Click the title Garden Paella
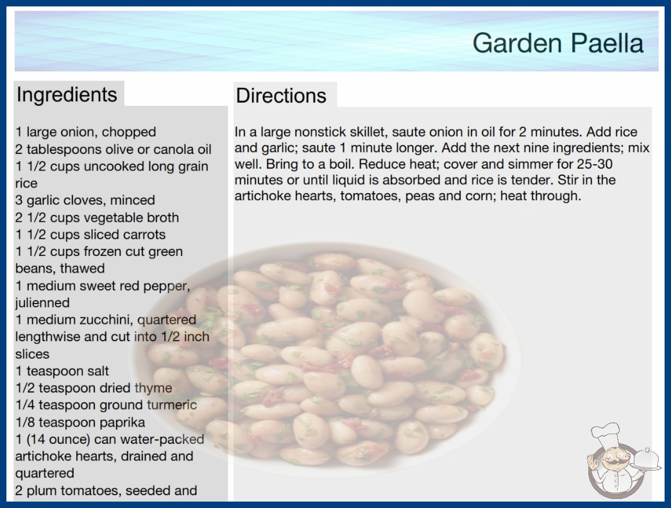pos(558,43)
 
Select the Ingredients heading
pos(67,94)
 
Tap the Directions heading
pos(281,96)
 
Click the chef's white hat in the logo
pos(605,434)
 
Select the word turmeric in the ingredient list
pos(172,405)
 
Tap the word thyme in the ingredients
pos(153,388)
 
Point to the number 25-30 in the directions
pos(595,164)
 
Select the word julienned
pos(42,303)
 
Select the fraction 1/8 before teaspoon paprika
pos(25,423)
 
